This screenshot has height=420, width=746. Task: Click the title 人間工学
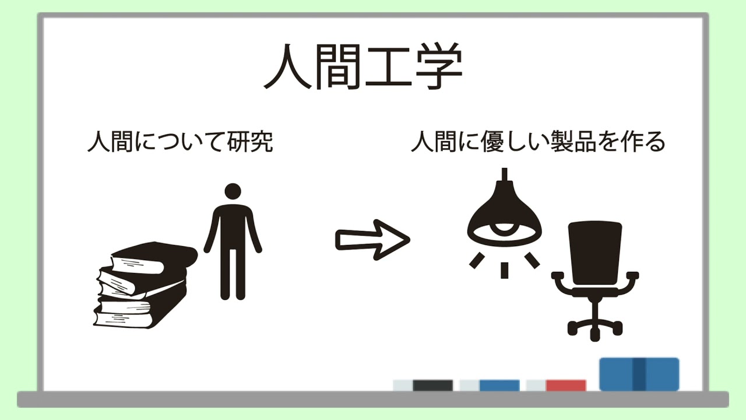(363, 69)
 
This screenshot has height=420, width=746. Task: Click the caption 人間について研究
(180, 142)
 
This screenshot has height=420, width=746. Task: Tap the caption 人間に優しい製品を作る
(537, 142)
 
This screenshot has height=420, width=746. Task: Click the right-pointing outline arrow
(372, 239)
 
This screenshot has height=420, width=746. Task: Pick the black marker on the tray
(432, 386)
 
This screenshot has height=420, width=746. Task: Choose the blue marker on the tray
(499, 386)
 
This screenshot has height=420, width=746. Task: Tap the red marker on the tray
(565, 386)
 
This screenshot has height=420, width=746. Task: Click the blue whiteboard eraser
(639, 374)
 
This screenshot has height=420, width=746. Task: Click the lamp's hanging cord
(505, 173)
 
